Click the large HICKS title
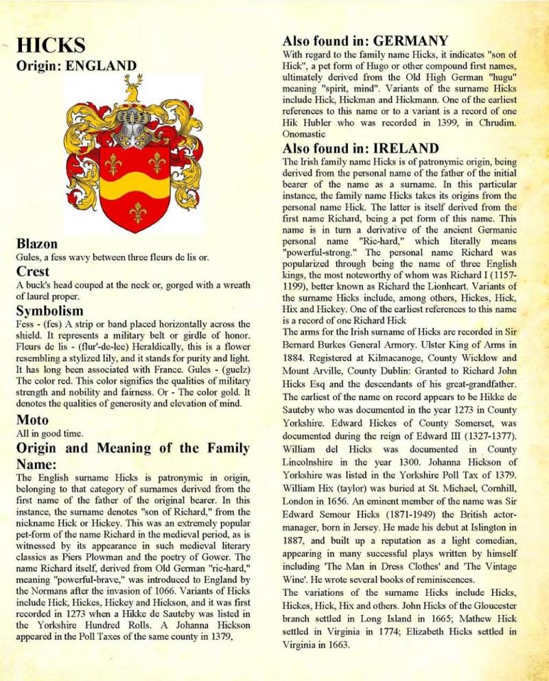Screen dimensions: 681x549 pyautogui.click(x=51, y=46)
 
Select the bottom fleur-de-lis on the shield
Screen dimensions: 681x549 pyautogui.click(x=137, y=211)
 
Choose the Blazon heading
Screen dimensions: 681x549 pyautogui.click(x=36, y=244)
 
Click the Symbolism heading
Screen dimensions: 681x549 pyautogui.click(x=50, y=311)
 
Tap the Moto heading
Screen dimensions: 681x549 pyautogui.click(x=32, y=419)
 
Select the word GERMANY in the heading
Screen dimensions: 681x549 pyautogui.click(x=410, y=41)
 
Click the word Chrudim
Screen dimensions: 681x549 pyautogui.click(x=494, y=124)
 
